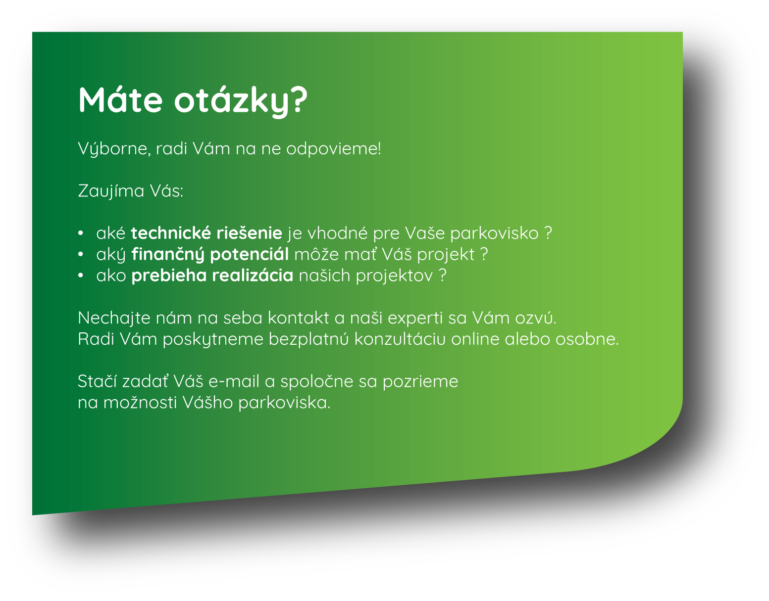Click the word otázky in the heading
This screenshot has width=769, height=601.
pos(233,101)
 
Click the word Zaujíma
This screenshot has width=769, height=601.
pos(111,191)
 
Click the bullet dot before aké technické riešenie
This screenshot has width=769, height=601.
pos(81,233)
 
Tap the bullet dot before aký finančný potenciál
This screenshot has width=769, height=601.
pos(81,254)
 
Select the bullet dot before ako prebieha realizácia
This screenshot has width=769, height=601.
pos(81,276)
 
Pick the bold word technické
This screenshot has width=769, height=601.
pos(171,233)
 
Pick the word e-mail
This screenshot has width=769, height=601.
pos(234,381)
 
